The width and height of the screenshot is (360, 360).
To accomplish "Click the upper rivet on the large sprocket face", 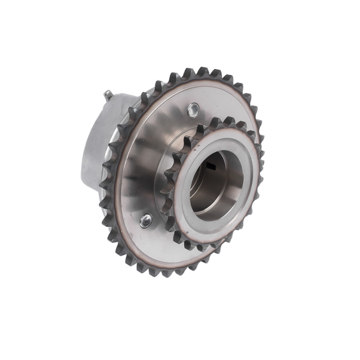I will click(x=193, y=109).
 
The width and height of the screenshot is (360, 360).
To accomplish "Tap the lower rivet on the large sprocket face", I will click(x=145, y=221).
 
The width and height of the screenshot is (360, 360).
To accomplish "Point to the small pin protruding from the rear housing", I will click(x=107, y=94).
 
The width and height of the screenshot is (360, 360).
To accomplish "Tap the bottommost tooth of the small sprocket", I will click(x=207, y=247).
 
